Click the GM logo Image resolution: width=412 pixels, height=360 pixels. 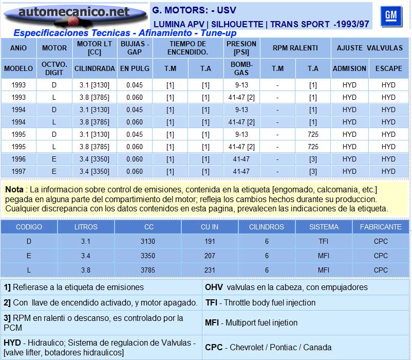click(391, 16)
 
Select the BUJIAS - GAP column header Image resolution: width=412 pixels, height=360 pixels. click(135, 48)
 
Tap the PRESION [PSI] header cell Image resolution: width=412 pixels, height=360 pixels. click(241, 48)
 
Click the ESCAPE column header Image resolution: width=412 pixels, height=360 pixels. click(388, 68)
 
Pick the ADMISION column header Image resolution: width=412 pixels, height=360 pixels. click(349, 68)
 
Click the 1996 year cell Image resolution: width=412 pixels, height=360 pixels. click(18, 159)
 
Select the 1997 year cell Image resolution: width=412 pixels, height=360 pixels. click(18, 171)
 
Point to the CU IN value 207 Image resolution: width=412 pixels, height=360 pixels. click(209, 256)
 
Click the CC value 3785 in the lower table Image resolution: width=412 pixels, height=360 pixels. click(148, 270)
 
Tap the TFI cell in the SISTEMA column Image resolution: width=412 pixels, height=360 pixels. click(324, 241)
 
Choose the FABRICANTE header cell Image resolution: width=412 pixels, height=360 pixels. click(381, 227)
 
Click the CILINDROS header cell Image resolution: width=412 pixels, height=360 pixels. click(267, 227)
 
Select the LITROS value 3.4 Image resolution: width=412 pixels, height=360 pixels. click(85, 256)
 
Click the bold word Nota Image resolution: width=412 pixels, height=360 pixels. click(14, 190)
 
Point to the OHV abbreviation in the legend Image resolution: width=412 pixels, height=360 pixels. click(214, 287)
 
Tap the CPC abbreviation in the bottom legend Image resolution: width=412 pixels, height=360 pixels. click(214, 347)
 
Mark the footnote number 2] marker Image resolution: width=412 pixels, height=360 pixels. click(7, 302)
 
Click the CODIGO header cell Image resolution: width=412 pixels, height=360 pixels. click(29, 227)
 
